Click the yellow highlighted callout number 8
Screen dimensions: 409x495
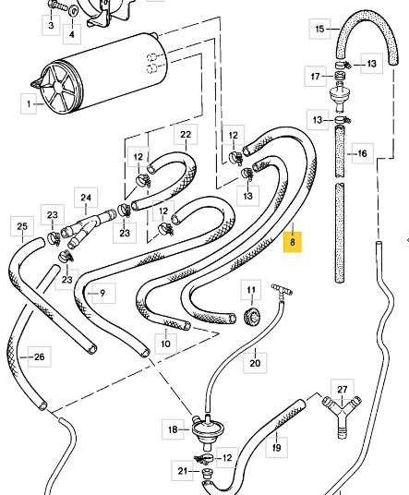(x=293, y=242)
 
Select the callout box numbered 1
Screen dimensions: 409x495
(x=29, y=103)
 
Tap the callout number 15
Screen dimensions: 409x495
(x=319, y=29)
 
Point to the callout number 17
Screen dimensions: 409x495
(x=315, y=77)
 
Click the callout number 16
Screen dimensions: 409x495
(x=363, y=153)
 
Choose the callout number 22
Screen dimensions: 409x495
(x=186, y=135)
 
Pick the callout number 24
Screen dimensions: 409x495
(x=86, y=198)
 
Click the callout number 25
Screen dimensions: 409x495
(x=22, y=226)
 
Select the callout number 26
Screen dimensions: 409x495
(x=40, y=356)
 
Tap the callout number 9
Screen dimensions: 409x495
(x=102, y=294)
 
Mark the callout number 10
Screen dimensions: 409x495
(x=165, y=344)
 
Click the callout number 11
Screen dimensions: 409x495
(x=251, y=289)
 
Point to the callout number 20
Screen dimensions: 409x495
(x=255, y=363)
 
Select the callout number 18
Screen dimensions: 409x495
(x=173, y=429)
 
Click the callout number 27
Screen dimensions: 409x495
(x=343, y=390)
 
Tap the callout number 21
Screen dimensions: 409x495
(x=183, y=471)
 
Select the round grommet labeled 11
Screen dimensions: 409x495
(x=252, y=317)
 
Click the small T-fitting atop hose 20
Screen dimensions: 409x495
(x=282, y=290)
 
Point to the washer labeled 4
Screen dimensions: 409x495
(x=73, y=11)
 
